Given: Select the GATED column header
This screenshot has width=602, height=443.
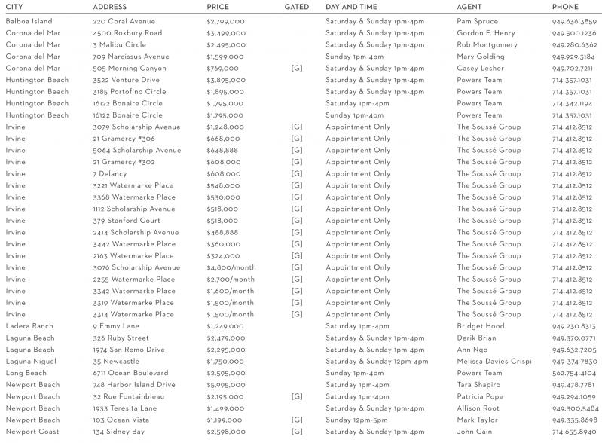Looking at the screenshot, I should pyautogui.click(x=296, y=7).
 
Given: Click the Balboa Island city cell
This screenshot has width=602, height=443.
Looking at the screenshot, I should pyautogui.click(x=29, y=21).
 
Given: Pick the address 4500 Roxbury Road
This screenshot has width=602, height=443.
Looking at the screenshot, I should pyautogui.click(x=127, y=33).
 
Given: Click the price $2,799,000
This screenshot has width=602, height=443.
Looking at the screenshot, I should pyautogui.click(x=225, y=21).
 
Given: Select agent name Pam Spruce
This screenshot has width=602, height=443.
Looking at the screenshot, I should pyautogui.click(x=477, y=21).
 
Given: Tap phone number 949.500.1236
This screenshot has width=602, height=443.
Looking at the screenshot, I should pyautogui.click(x=573, y=33).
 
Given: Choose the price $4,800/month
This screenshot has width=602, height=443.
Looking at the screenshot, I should pyautogui.click(x=231, y=267).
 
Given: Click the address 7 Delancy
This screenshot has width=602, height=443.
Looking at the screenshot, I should pyautogui.click(x=110, y=173).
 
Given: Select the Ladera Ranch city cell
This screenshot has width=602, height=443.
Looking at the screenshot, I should pyautogui.click(x=29, y=326).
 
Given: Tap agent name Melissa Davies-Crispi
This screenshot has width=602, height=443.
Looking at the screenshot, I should pyautogui.click(x=494, y=362).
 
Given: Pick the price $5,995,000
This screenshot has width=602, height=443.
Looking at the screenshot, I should pyautogui.click(x=225, y=385).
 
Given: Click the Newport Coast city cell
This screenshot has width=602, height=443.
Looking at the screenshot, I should pyautogui.click(x=32, y=432).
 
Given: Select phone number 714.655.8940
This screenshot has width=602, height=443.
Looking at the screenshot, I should pyautogui.click(x=573, y=432).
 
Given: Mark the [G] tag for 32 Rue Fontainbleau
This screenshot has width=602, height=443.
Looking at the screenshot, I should pyautogui.click(x=296, y=396).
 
